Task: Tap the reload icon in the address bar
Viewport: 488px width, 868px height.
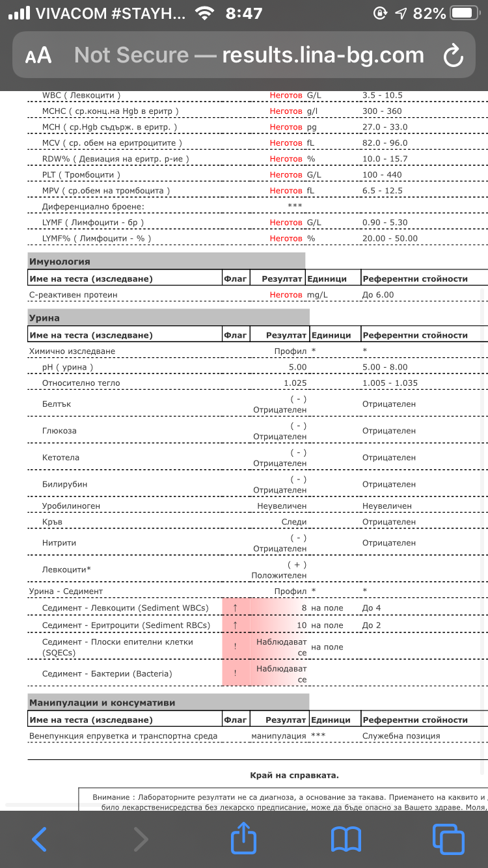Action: tap(453, 56)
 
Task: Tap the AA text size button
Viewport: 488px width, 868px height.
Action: tap(38, 56)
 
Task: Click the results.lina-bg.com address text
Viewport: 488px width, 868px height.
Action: tap(323, 55)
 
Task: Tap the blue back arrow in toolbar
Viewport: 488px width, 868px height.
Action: tap(39, 839)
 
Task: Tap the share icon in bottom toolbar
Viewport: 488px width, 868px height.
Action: tap(243, 838)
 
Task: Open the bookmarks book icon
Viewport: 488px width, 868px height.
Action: tap(346, 839)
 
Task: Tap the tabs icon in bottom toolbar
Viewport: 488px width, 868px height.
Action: tap(448, 839)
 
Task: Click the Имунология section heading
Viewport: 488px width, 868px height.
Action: tap(60, 262)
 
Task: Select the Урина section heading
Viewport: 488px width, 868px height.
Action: tap(44, 318)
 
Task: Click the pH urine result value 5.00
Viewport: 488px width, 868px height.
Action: tap(297, 367)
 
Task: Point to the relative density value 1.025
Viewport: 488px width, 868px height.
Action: tap(295, 383)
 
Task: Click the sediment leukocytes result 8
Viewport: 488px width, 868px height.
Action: tap(303, 608)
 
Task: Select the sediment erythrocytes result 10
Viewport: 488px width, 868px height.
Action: tap(301, 625)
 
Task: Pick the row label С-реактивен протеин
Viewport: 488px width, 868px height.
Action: tap(74, 295)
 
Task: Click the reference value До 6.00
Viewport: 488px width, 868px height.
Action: tap(378, 295)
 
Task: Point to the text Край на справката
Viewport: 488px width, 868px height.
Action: tap(294, 775)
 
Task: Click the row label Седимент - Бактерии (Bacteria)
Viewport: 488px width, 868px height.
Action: tap(107, 673)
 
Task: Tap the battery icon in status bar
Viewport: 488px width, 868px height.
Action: tap(463, 13)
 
